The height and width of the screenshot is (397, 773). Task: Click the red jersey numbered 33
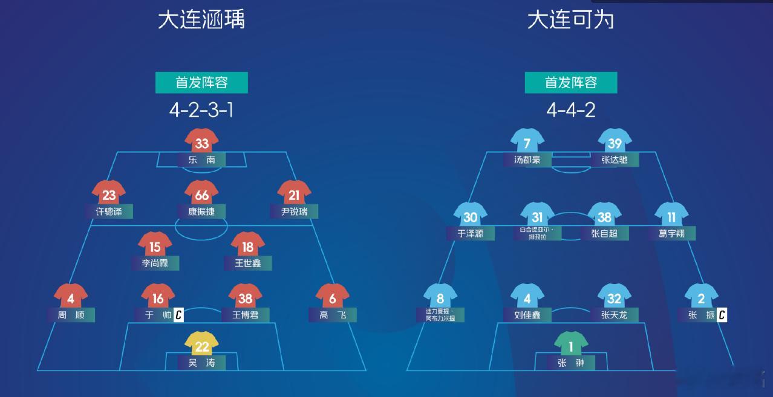pyautogui.click(x=201, y=143)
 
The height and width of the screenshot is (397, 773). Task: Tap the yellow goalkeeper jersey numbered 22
pyautogui.click(x=201, y=346)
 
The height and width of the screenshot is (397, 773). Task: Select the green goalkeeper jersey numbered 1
pyautogui.click(x=571, y=346)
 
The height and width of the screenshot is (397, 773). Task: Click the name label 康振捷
pyautogui.click(x=201, y=211)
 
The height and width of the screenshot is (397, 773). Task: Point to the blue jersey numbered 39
pyautogui.click(x=615, y=143)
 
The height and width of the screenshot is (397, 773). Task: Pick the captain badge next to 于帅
pyautogui.click(x=178, y=315)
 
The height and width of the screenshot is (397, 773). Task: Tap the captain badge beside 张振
pyautogui.click(x=722, y=315)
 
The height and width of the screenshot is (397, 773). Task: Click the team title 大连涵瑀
pyautogui.click(x=201, y=19)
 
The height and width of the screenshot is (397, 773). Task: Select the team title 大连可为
pyautogui.click(x=570, y=19)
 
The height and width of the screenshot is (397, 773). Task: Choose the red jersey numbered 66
pyautogui.click(x=201, y=195)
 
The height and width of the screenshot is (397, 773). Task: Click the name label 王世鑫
pyautogui.click(x=247, y=263)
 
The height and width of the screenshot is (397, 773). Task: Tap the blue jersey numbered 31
pyautogui.click(x=537, y=217)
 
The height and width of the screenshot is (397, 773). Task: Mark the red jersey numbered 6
pyautogui.click(x=332, y=298)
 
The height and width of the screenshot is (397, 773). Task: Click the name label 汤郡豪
pyautogui.click(x=527, y=160)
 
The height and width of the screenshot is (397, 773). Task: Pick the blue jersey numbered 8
pyautogui.click(x=440, y=298)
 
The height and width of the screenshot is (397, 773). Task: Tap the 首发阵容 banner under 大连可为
pyautogui.click(x=570, y=83)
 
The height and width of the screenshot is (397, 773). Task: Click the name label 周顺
pyautogui.click(x=71, y=315)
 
